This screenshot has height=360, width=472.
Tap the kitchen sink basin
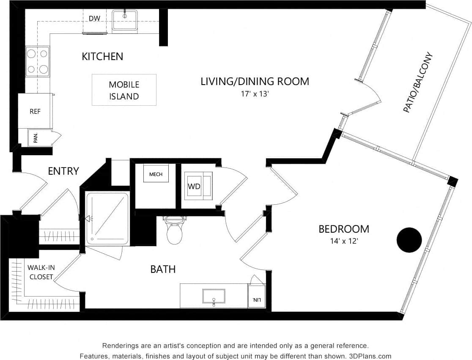click(x=125, y=20)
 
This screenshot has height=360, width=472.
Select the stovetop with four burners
click(x=37, y=61)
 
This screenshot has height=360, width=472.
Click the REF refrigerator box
click(x=35, y=111)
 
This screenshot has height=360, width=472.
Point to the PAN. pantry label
click(x=36, y=138)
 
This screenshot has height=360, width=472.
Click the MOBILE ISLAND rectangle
click(x=124, y=90)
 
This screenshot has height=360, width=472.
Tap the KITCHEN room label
click(x=102, y=56)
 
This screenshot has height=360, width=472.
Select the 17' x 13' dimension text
click(x=255, y=94)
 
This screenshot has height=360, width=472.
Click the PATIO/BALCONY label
click(x=418, y=82)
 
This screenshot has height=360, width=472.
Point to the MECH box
click(x=156, y=174)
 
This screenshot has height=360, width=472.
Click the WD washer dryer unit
click(x=194, y=186)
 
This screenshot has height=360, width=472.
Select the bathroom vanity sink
click(x=214, y=296)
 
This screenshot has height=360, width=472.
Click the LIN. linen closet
click(x=256, y=300)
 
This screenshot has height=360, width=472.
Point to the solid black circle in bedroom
click(x=409, y=240)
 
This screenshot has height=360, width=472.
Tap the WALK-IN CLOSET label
click(x=41, y=272)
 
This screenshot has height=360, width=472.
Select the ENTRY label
click(x=63, y=171)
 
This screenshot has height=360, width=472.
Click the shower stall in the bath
click(x=107, y=218)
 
